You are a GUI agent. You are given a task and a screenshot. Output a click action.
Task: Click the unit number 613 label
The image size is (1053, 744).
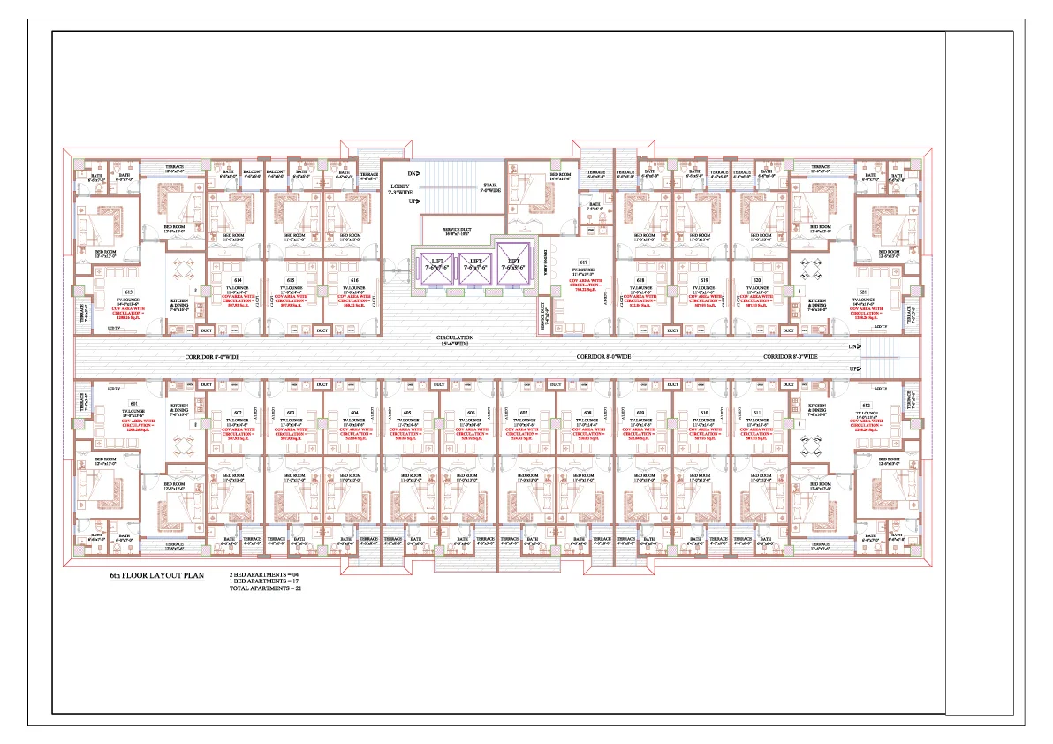[x=129, y=292]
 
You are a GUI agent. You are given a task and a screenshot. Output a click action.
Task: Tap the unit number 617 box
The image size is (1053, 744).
[x=584, y=262]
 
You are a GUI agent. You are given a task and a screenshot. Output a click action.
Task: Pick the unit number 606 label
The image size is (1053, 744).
[x=471, y=413]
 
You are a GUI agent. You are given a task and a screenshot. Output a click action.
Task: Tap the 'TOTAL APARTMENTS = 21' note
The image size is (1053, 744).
[x=265, y=588]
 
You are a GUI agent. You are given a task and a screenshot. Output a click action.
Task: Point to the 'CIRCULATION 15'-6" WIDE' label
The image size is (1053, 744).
[x=454, y=340]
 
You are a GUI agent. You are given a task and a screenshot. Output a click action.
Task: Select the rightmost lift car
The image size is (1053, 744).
[x=514, y=262]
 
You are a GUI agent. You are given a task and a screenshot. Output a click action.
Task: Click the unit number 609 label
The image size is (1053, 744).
[x=640, y=413]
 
